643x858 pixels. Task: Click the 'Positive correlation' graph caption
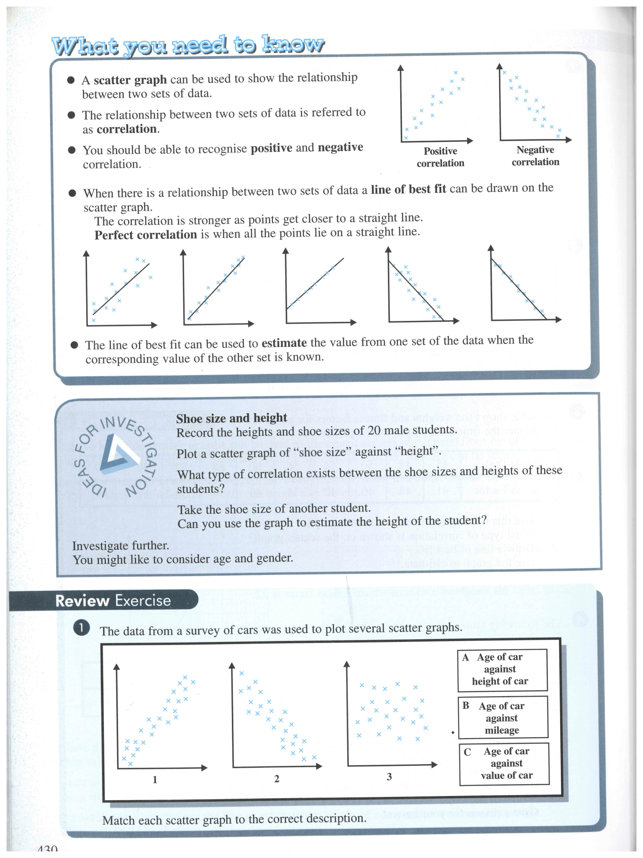click(440, 157)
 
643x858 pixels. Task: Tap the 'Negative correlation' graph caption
click(535, 156)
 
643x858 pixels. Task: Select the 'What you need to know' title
click(188, 45)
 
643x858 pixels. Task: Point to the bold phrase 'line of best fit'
click(408, 189)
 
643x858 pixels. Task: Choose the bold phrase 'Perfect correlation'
click(146, 235)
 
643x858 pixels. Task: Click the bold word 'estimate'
click(284, 343)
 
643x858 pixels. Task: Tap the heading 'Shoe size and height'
click(231, 418)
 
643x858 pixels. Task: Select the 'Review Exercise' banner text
click(113, 601)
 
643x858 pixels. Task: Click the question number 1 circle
click(81, 628)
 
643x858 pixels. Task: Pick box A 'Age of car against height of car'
click(502, 669)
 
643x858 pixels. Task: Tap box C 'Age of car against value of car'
click(504, 763)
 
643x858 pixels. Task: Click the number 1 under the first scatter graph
click(155, 780)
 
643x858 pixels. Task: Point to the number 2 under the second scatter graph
click(277, 778)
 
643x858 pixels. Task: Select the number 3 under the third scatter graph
click(389, 777)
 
